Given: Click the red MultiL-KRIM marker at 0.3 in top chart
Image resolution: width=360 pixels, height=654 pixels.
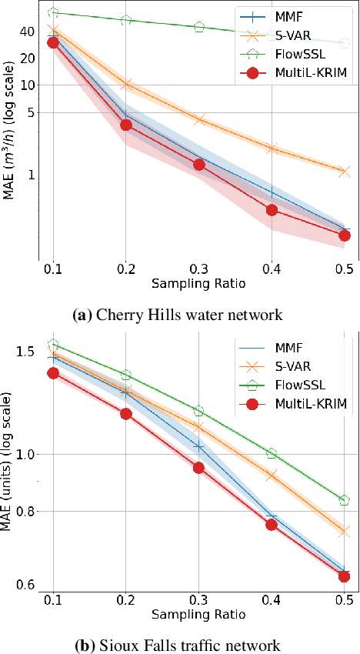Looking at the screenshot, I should pos(199,165).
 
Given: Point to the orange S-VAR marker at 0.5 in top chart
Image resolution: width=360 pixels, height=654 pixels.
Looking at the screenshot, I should pos(345,171).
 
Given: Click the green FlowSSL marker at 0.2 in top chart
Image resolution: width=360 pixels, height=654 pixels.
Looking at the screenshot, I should pos(126,20).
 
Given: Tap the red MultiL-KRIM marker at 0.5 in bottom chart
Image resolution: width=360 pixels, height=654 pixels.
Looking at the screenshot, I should pos(345,576).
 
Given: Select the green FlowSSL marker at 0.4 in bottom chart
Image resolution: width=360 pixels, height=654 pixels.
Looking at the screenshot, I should pos(272,453).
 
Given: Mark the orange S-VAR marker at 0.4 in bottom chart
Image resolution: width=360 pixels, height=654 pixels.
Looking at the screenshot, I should pos(272,476).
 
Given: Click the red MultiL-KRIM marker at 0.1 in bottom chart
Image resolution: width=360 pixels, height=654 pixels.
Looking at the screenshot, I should pos(53,373).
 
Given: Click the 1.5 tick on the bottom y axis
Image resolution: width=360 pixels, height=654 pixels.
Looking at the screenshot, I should pos(25,352).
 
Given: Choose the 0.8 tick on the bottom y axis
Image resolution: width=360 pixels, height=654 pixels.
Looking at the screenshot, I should pos(25,512).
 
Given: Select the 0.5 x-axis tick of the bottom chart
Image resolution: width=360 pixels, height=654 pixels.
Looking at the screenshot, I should pos(345,599).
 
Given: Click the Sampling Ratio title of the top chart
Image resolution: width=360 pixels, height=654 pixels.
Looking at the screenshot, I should pos(198,283).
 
